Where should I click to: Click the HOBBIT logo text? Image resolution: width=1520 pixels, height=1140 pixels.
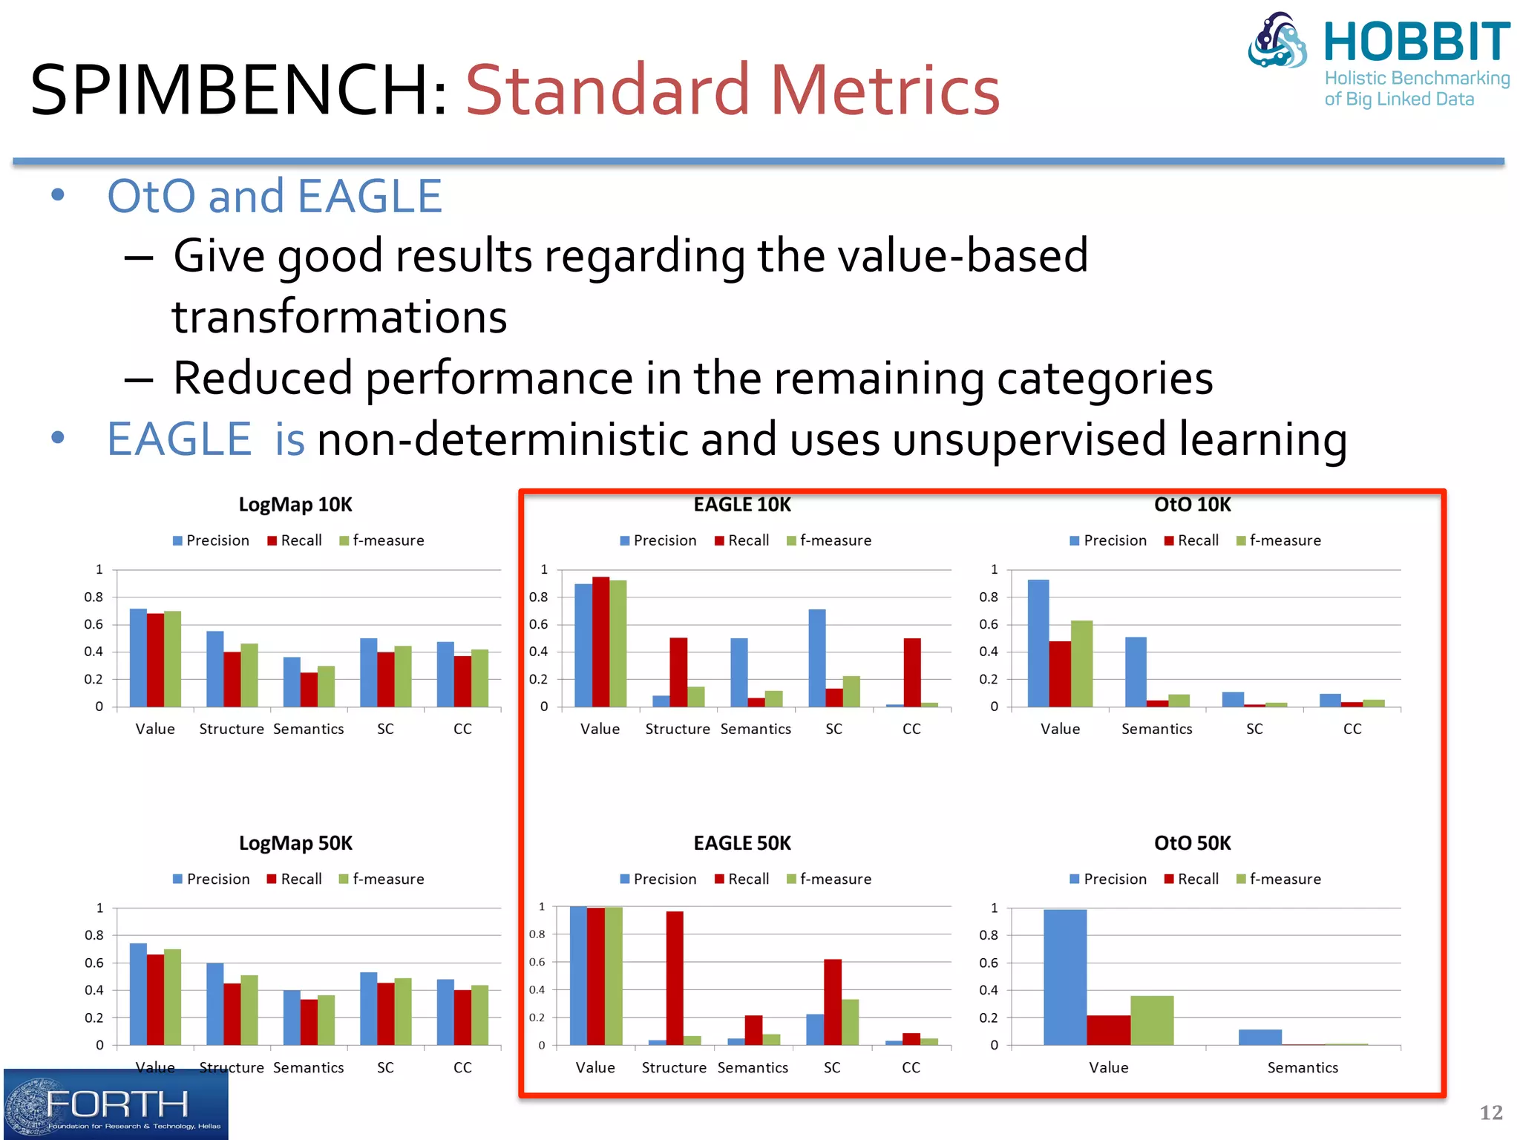pos(1416,42)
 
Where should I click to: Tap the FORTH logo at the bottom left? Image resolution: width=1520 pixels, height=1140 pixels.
pos(116,1104)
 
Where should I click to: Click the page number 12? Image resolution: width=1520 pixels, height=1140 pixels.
pos(1490,1113)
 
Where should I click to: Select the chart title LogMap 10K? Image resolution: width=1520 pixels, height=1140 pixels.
pos(295,505)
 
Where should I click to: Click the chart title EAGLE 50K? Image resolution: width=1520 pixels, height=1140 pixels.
pos(742,843)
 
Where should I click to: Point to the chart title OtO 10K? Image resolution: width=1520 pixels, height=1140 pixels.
pos(1192,505)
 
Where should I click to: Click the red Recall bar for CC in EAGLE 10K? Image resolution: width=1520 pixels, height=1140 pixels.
pos(912,672)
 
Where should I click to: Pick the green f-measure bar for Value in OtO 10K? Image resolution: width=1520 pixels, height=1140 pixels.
pos(1081,663)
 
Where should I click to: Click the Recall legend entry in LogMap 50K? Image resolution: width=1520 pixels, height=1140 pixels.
pos(295,879)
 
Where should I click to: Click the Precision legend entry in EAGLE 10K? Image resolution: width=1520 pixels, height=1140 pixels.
pos(658,540)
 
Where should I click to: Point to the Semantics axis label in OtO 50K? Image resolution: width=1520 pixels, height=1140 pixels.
pos(1303,1067)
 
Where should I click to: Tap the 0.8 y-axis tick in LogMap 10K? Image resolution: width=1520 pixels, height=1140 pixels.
pos(94,597)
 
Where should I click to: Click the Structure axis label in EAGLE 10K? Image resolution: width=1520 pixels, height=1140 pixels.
pos(677,729)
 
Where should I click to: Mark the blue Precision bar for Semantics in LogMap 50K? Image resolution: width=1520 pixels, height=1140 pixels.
pos(292,1017)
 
